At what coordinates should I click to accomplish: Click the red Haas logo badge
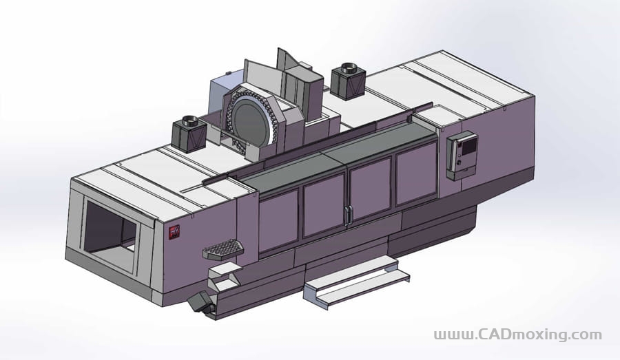(174, 231)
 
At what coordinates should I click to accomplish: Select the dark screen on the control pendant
(469, 146)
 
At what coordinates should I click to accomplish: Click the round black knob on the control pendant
(459, 162)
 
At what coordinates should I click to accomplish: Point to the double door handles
(348, 215)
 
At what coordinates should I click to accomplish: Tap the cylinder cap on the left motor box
(189, 119)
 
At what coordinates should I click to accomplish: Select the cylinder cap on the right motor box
(349, 67)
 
